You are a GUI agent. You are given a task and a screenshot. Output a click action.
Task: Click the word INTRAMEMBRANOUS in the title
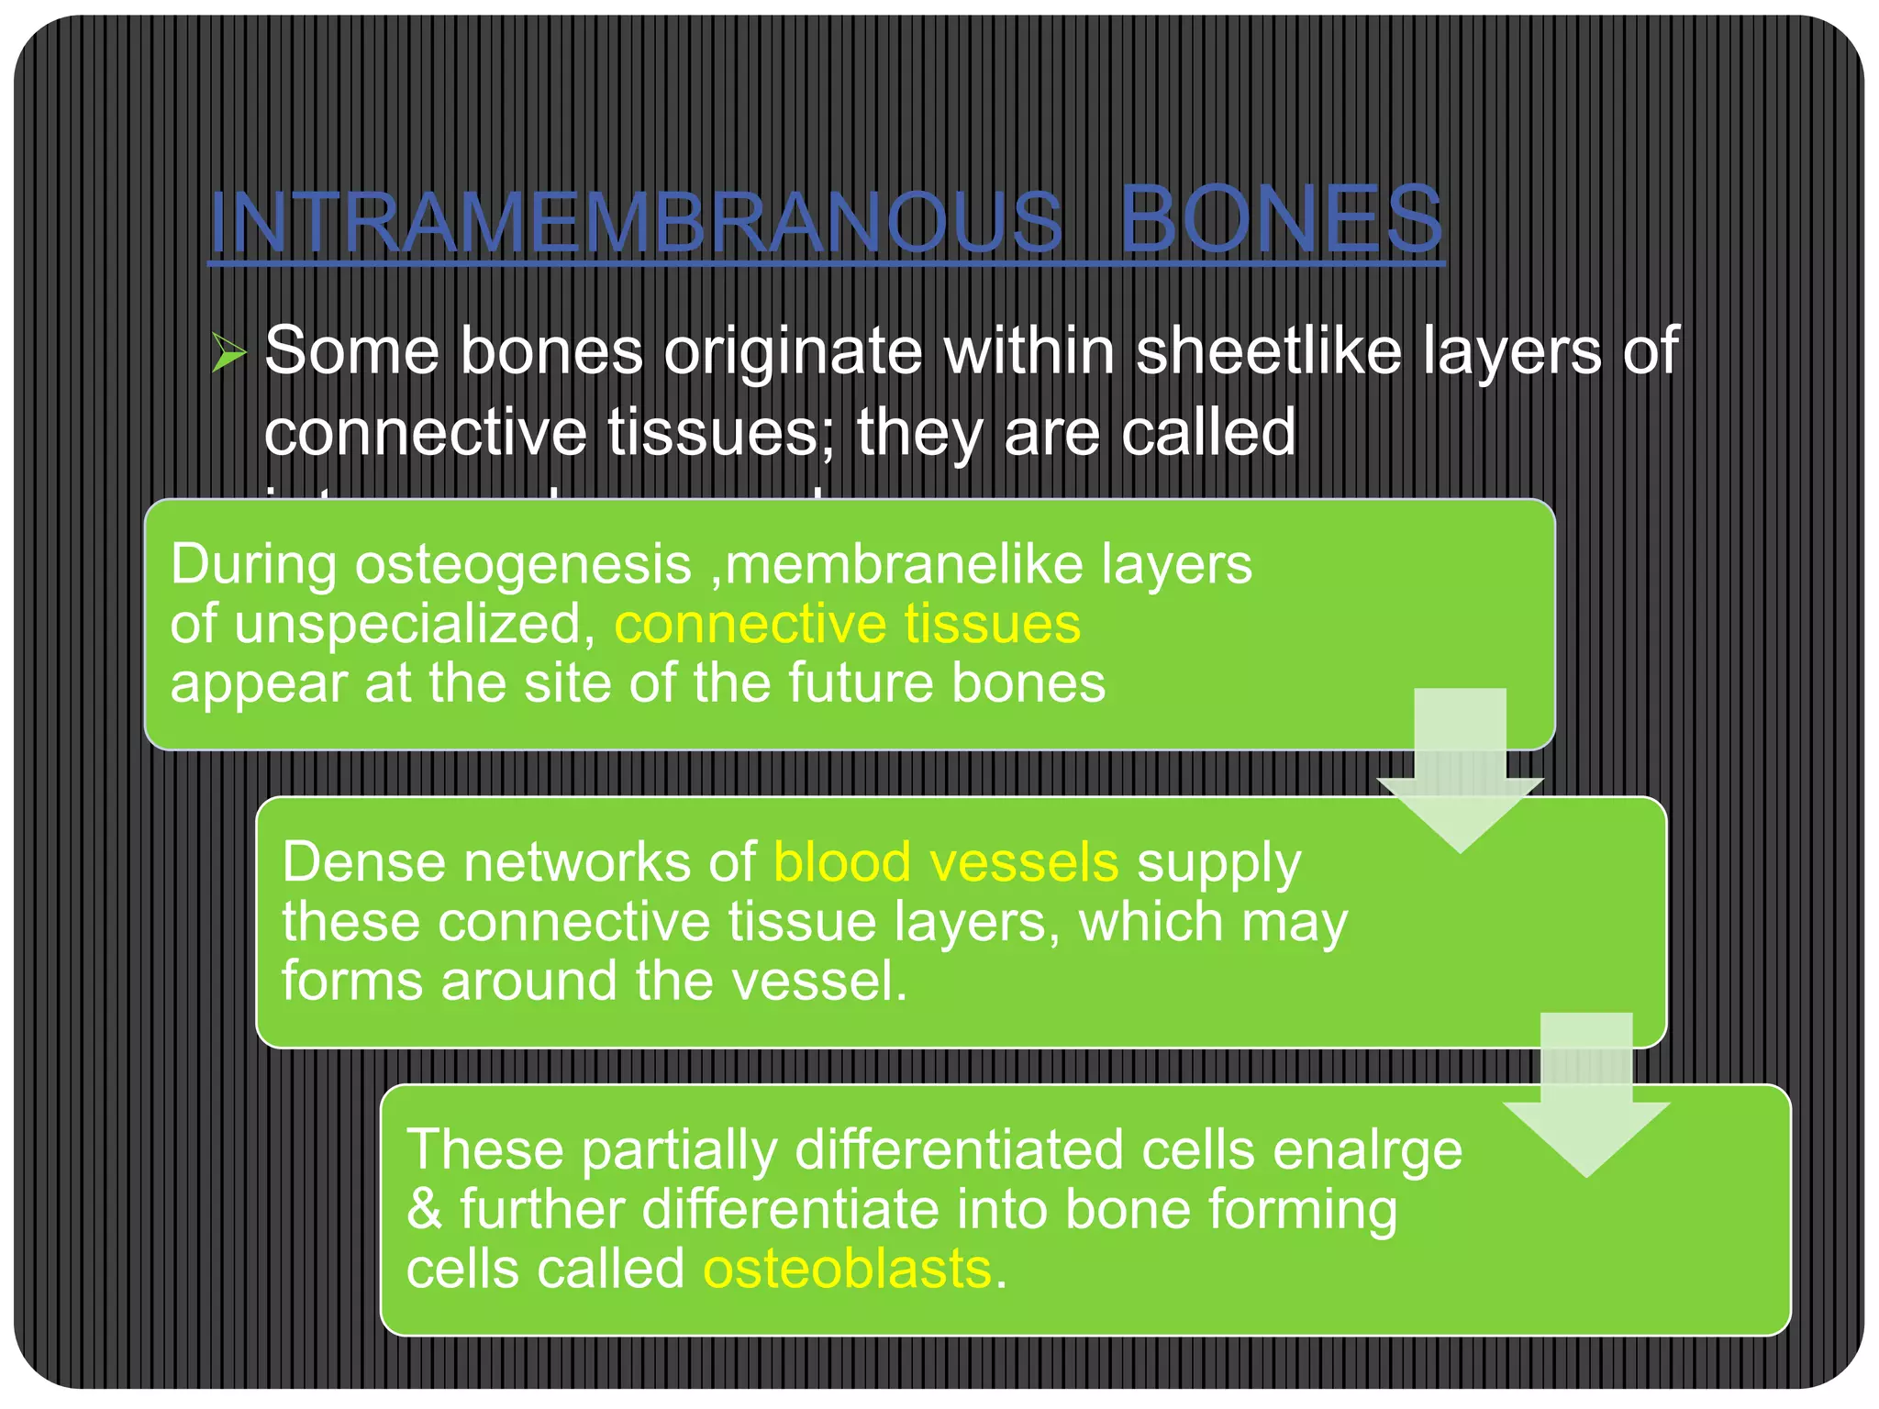pos(636,222)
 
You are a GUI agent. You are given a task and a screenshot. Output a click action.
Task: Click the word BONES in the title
pos(1281,220)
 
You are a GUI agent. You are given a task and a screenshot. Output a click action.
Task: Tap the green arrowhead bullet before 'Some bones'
pos(228,352)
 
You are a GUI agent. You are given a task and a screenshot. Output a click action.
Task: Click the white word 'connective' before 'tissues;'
pos(426,432)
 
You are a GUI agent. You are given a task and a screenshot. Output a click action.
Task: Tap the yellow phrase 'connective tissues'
pos(847,624)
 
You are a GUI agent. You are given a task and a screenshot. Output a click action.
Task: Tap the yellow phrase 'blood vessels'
pos(945,862)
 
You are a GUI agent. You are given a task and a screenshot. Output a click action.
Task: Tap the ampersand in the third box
pos(424,1209)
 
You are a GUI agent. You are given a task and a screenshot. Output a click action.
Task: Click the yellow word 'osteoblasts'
pos(846,1270)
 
